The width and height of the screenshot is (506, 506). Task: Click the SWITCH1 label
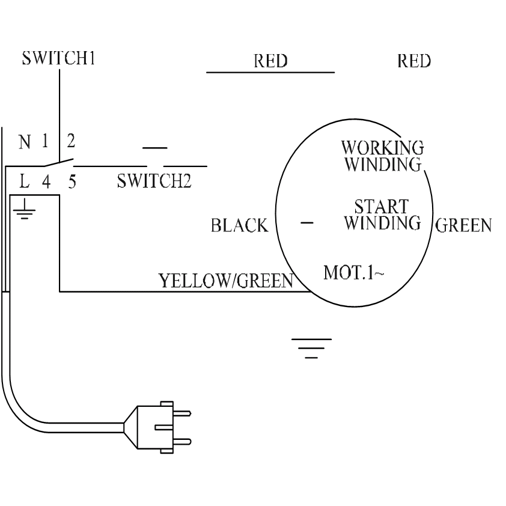59,59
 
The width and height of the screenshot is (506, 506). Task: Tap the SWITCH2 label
154,181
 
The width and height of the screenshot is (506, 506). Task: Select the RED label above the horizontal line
270,61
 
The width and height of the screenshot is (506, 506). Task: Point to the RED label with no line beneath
414,61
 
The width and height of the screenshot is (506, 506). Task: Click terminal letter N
25,143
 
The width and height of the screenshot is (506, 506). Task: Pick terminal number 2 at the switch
71,142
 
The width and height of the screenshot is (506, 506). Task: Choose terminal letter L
25,181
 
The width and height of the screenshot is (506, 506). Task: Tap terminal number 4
46,181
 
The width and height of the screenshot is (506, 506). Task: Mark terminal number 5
72,181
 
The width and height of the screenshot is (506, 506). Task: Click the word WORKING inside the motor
382,148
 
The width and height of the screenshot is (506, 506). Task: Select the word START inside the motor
382,207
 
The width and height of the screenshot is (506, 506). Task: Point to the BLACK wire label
239,226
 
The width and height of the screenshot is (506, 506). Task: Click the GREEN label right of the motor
463,226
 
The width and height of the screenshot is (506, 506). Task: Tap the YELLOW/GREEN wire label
225,281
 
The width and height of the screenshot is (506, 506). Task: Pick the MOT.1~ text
353,273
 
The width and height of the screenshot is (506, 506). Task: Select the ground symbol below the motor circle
311,348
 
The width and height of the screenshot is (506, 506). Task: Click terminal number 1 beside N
44,142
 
